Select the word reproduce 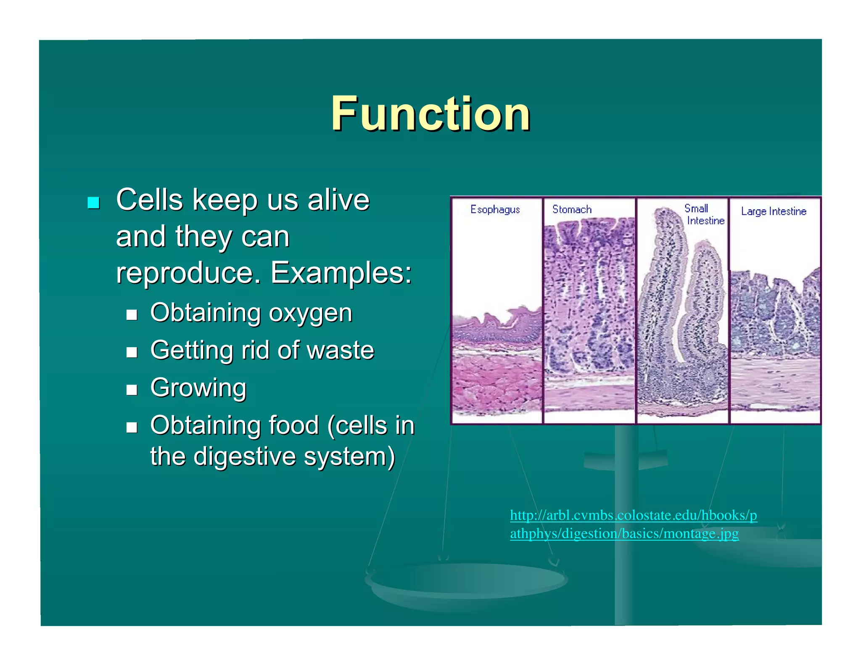coord(185,273)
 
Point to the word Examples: coord(341,273)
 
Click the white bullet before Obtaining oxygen coord(132,314)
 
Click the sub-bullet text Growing coord(198,388)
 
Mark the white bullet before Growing coord(132,390)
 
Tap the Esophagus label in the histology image coord(495,209)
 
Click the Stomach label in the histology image coord(572,209)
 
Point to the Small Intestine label coord(704,214)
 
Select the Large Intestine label coord(773,211)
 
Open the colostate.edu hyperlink coord(633,524)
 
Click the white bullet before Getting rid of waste coord(132,352)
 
